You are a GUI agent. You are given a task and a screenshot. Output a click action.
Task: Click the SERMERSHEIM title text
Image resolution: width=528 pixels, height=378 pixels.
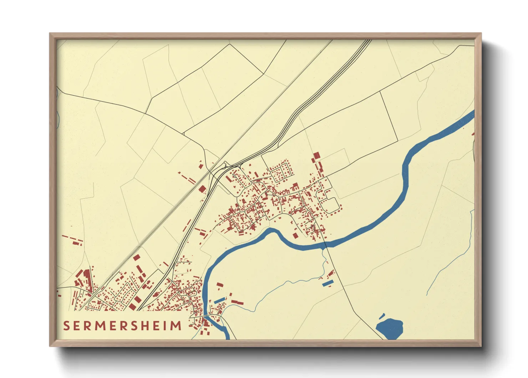click(x=122, y=326)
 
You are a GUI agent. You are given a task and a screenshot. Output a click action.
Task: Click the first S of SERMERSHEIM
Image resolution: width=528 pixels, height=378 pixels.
click(x=66, y=326)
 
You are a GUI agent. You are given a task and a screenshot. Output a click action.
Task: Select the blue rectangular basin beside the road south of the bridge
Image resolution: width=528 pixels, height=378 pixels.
click(x=328, y=283)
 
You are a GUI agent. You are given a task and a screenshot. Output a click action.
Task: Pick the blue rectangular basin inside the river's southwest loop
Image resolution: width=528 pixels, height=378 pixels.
click(x=219, y=300)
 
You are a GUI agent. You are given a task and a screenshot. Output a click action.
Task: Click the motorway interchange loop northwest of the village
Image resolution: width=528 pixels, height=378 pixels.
click(x=225, y=165)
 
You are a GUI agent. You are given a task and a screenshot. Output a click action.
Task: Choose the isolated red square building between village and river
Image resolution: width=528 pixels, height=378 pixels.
click(x=295, y=235)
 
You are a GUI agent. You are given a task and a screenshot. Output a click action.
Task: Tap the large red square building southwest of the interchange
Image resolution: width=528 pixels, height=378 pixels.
click(x=202, y=189)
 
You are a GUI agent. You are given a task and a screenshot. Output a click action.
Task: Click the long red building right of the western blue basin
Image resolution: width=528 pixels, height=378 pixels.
click(x=237, y=303)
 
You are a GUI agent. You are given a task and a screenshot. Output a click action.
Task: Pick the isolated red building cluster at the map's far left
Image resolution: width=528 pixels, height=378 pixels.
click(x=72, y=240)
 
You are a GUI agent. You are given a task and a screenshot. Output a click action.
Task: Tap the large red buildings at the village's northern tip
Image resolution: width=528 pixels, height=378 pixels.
click(x=316, y=156)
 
